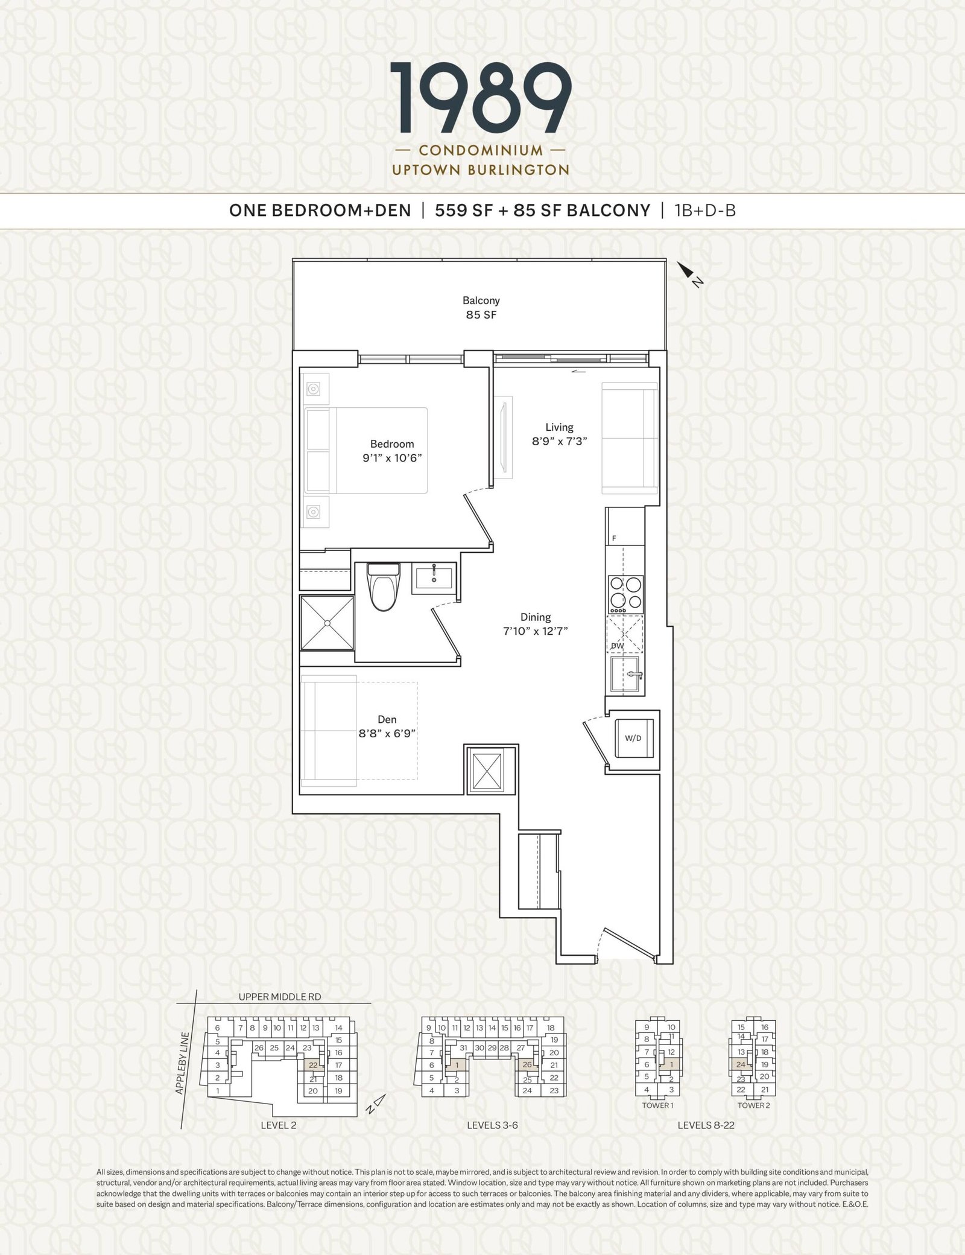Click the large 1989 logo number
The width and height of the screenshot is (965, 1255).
tap(481, 98)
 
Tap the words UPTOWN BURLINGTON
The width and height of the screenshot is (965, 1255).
tap(481, 170)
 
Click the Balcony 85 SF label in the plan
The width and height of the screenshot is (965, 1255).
tap(481, 307)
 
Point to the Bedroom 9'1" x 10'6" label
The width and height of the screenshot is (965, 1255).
tap(392, 451)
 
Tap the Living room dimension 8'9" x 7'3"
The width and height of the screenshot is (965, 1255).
tap(559, 440)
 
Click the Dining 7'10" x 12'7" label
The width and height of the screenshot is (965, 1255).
tap(536, 624)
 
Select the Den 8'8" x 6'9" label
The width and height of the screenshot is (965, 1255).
tap(387, 726)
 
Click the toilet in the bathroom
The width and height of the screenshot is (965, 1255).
tap(383, 586)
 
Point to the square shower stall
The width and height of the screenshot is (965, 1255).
tap(327, 623)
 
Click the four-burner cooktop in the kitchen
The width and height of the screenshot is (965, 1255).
tap(625, 594)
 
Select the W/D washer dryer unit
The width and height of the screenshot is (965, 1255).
tap(633, 737)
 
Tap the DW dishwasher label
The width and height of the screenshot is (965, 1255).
tap(617, 646)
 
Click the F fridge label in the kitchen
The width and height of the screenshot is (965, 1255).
tap(614, 538)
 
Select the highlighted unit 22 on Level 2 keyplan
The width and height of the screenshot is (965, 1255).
tap(313, 1066)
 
